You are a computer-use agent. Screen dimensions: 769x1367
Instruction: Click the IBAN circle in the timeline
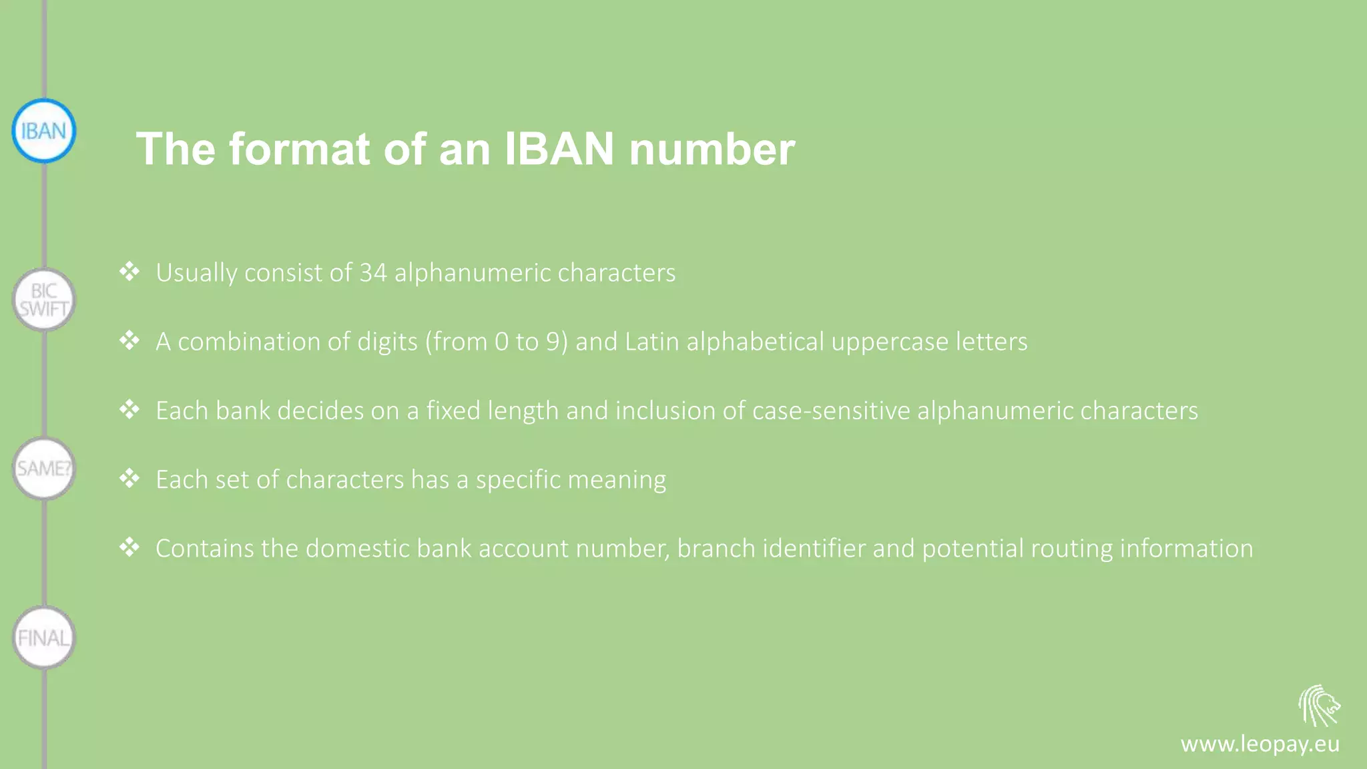pos(44,131)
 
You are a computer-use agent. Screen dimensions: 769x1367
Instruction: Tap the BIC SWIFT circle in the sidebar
pos(44,300)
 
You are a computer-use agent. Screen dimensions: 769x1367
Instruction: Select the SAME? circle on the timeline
pos(44,469)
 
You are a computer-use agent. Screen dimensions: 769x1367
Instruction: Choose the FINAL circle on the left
pos(44,638)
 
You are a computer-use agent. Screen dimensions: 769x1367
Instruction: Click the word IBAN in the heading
pos(559,148)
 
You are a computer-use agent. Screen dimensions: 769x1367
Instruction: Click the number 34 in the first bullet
pos(373,272)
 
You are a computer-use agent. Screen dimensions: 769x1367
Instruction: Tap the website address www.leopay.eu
pos(1260,744)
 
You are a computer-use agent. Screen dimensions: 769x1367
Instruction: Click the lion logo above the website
pos(1319,706)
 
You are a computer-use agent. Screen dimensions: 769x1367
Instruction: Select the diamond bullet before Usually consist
pos(129,271)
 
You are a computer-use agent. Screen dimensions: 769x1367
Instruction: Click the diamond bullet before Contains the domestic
pos(129,547)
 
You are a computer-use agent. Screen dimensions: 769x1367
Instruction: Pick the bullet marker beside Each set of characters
pos(129,478)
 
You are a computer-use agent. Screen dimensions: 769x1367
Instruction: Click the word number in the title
pos(712,148)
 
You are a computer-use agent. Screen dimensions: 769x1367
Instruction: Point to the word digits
pos(387,342)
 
